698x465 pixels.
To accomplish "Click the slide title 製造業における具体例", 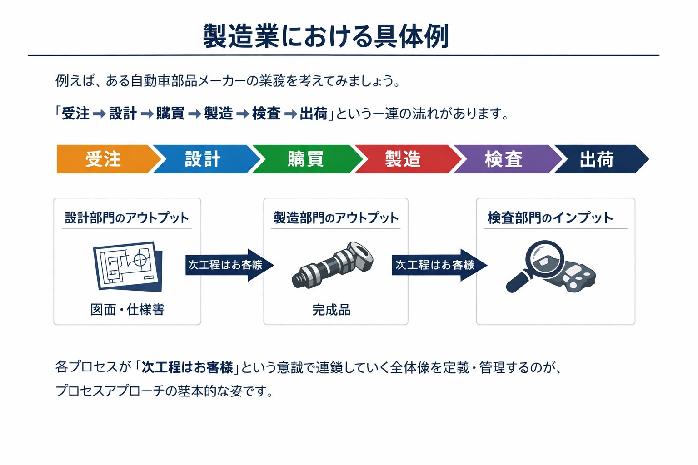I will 326,36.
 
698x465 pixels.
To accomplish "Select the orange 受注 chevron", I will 104,159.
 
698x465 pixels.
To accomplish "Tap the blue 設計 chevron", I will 203,159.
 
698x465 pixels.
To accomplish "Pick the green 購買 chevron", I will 305,159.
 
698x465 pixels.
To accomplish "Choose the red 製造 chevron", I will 404,159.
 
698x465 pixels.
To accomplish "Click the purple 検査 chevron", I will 504,159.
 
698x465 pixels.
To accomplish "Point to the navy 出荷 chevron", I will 597,159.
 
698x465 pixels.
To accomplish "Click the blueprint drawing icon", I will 127,266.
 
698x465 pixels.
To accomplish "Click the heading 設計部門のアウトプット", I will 127,218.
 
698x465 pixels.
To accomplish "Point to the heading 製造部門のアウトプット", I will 336,218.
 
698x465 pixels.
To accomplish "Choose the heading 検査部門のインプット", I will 550,218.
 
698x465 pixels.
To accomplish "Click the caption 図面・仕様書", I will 127,310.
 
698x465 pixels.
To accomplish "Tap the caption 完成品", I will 331,310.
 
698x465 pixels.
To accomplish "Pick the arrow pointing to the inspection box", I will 439,265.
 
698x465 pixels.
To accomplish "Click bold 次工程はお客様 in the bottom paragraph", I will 187,367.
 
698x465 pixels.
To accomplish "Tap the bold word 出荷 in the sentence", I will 314,114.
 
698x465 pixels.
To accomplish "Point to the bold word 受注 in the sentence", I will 75,114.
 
